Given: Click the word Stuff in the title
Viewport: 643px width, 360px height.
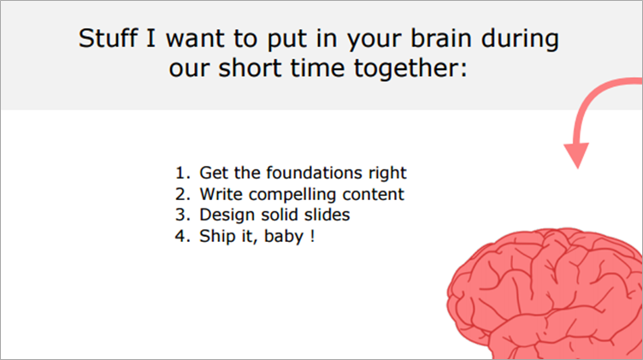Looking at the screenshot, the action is point(108,38).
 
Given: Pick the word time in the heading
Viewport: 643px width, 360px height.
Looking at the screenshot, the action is point(317,68).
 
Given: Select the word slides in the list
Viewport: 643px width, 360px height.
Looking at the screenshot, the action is point(327,215).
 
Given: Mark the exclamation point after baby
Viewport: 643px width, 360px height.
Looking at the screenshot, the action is point(313,236).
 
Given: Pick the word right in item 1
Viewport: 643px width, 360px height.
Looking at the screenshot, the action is point(387,174).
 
